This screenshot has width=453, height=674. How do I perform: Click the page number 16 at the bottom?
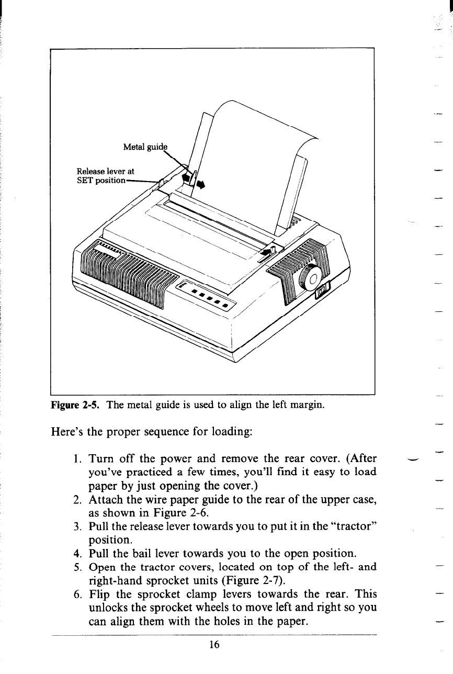213,645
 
